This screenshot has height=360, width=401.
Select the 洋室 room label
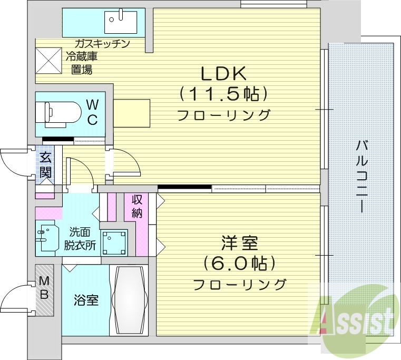click(x=239, y=244)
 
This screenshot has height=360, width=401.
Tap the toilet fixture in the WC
click(x=58, y=112)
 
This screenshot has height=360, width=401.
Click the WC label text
click(x=92, y=111)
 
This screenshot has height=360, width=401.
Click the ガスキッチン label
click(x=102, y=43)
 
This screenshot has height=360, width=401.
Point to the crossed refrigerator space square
click(x=47, y=59)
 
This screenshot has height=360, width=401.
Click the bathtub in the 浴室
click(x=130, y=299)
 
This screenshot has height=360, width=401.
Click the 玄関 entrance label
click(x=45, y=164)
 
